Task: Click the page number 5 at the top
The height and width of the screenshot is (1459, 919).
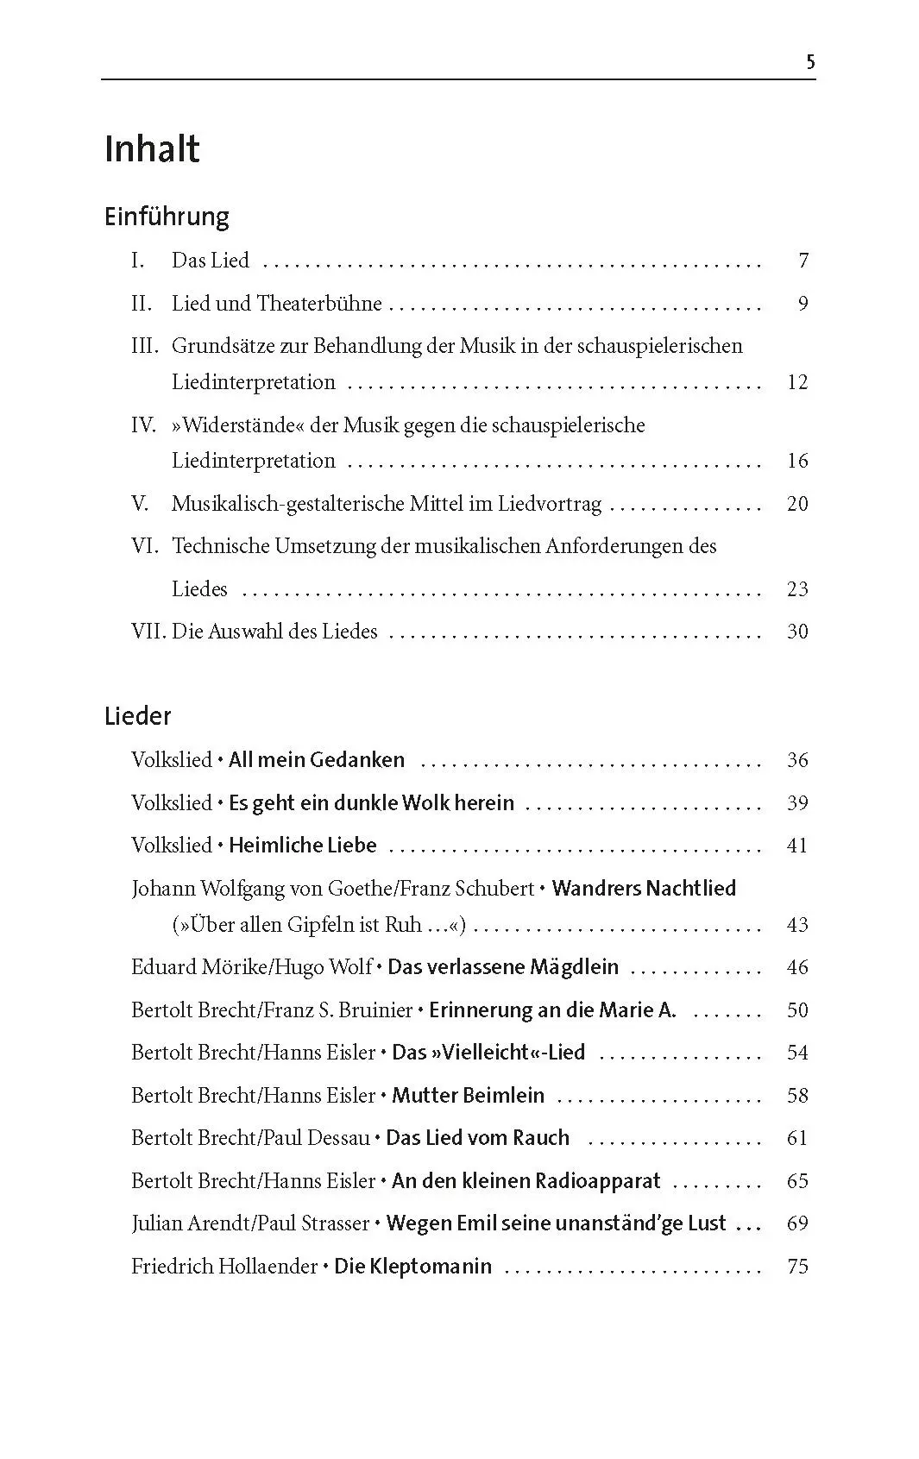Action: (x=809, y=61)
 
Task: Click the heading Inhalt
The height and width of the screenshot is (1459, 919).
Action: (x=152, y=149)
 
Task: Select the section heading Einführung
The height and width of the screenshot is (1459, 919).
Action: (x=167, y=216)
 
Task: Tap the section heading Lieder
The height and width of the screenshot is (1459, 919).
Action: (x=138, y=716)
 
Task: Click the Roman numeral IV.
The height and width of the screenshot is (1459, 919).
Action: (x=143, y=425)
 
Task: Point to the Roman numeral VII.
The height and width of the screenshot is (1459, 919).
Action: (x=148, y=632)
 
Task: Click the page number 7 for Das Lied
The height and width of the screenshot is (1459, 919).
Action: (x=803, y=261)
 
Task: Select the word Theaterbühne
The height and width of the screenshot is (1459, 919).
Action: (x=319, y=304)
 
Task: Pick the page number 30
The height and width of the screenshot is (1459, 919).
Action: (x=797, y=632)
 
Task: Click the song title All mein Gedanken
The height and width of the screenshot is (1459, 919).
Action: (x=316, y=760)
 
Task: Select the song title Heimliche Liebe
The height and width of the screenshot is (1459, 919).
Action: (x=302, y=846)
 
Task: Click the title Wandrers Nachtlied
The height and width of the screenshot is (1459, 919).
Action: (x=644, y=889)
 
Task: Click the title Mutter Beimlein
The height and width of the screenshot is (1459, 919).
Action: (x=468, y=1096)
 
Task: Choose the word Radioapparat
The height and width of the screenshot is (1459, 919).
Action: (x=597, y=1181)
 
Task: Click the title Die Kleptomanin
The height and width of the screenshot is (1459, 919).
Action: (x=412, y=1267)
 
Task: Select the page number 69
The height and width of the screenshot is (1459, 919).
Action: (x=797, y=1223)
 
